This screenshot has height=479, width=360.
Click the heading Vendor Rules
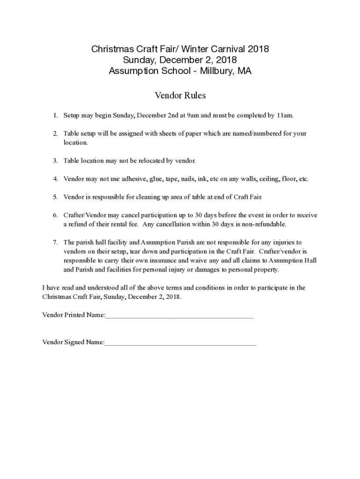pyautogui.click(x=180, y=95)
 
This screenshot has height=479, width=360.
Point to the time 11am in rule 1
pyautogui.click(x=285, y=115)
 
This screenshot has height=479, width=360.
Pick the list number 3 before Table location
pyautogui.click(x=55, y=160)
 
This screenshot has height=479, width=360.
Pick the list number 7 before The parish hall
pyautogui.click(x=55, y=242)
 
